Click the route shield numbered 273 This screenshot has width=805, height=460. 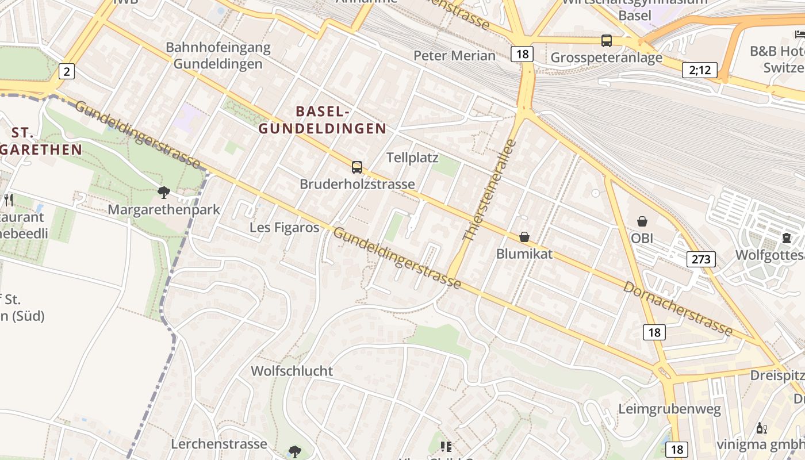click(x=701, y=259)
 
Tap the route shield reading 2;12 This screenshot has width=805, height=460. click(x=700, y=70)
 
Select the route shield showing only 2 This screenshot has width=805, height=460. click(x=67, y=72)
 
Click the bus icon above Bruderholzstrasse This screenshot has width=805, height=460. click(x=357, y=167)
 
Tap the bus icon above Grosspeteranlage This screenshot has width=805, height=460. click(x=607, y=41)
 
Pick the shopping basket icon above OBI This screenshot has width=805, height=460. click(x=642, y=221)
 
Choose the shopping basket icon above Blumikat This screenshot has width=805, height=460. click(x=524, y=237)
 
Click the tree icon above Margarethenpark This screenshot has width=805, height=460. click(x=164, y=193)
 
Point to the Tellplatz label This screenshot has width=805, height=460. click(x=412, y=158)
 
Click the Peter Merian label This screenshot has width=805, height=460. click(x=454, y=56)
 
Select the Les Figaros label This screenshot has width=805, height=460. click(x=284, y=228)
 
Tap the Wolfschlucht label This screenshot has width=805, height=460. click(x=292, y=371)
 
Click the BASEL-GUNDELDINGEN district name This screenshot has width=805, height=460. click(x=322, y=120)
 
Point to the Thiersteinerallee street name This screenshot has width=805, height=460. click(x=490, y=190)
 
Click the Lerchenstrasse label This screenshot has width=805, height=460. click(x=219, y=444)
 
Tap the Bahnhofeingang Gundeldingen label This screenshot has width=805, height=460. click(x=218, y=56)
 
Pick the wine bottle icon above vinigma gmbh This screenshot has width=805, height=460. click(x=761, y=428)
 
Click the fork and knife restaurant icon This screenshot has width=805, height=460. click(x=9, y=200)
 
